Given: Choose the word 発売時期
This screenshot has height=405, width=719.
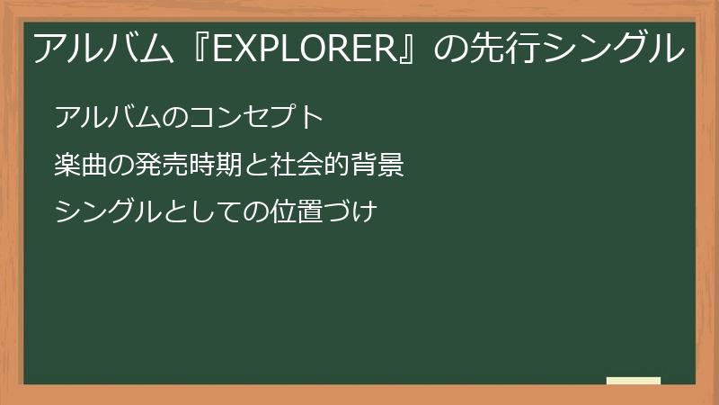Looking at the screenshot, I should click(x=187, y=165).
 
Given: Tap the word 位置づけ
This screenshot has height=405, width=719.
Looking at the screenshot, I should click(x=322, y=212).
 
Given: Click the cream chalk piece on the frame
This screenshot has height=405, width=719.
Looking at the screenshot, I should click(x=633, y=381).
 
